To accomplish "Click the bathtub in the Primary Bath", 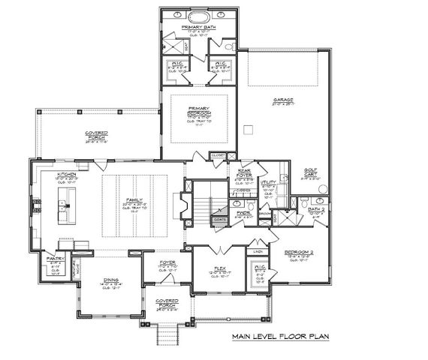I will (x=199, y=16).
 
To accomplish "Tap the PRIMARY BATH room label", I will (x=199, y=27).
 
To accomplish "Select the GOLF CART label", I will (x=312, y=172).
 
